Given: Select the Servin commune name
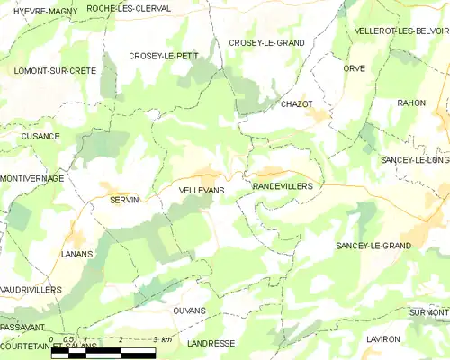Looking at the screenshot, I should pyautogui.click(x=124, y=200).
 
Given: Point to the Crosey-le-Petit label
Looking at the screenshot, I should pyautogui.click(x=163, y=56).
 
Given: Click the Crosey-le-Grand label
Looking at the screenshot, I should pyautogui.click(x=266, y=42).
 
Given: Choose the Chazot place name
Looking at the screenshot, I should pyautogui.click(x=296, y=104).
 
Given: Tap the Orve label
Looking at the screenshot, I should pyautogui.click(x=354, y=68).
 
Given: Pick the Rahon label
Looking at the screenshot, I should pyautogui.click(x=411, y=103).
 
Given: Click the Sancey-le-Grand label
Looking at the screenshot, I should pyautogui.click(x=373, y=246).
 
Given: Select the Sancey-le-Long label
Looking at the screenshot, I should pyautogui.click(x=415, y=159).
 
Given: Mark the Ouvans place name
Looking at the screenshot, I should pyautogui.click(x=189, y=310).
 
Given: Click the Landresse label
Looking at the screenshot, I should pyautogui.click(x=212, y=343).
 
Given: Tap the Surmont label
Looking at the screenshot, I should pyautogui.click(x=428, y=311).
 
